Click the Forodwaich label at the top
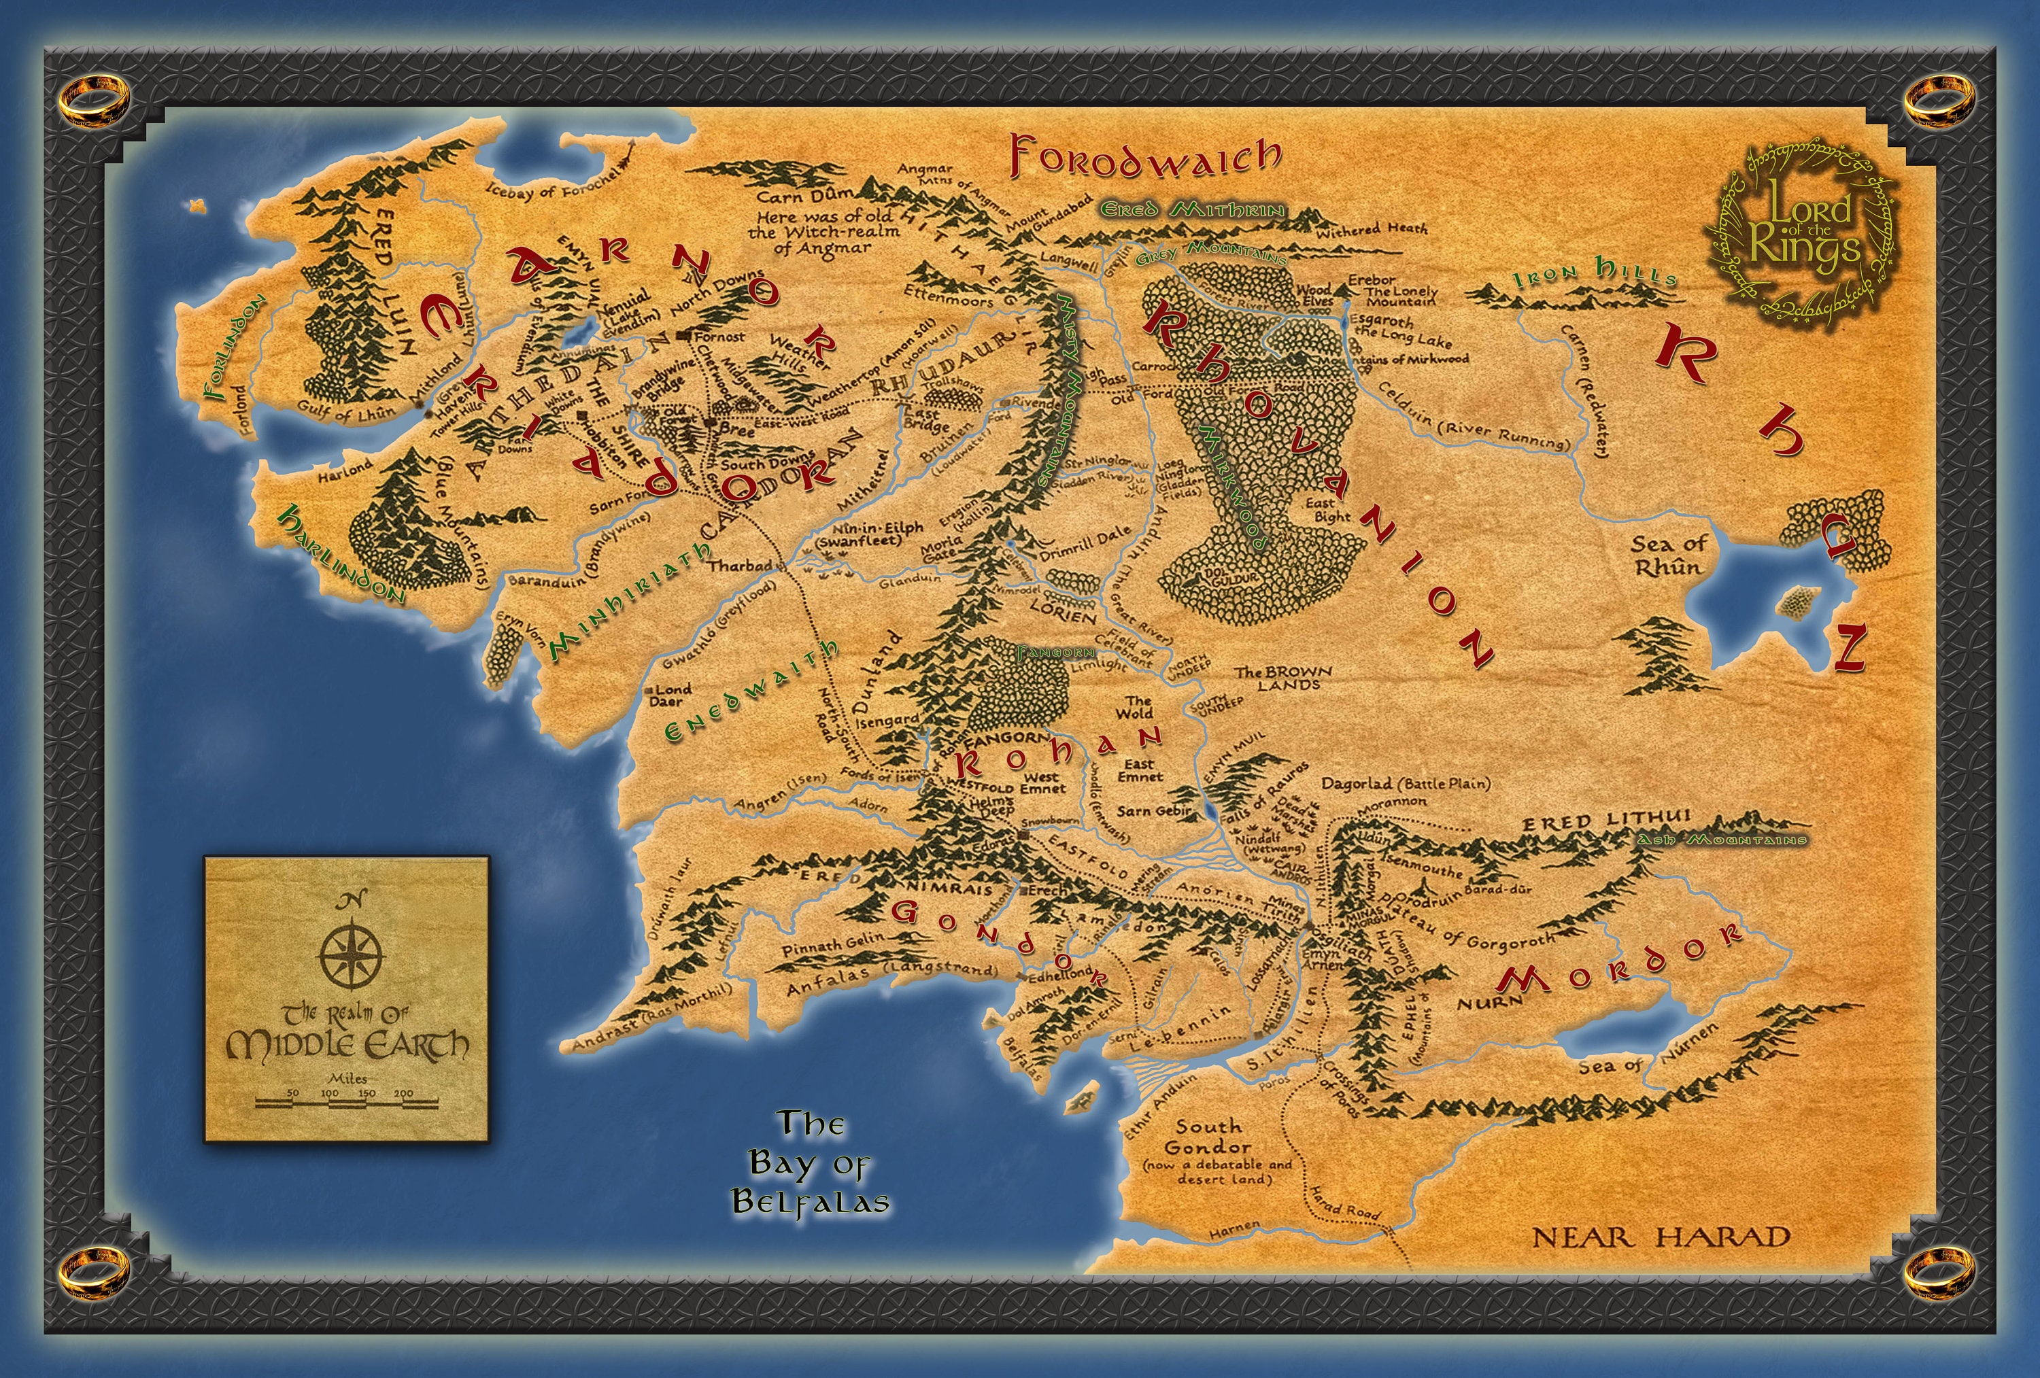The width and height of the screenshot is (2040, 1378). click(x=1146, y=157)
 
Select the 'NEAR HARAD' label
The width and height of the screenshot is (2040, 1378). click(x=1661, y=1237)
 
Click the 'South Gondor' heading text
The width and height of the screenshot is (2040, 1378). click(x=1208, y=1136)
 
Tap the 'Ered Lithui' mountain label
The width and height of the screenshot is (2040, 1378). click(x=1605, y=821)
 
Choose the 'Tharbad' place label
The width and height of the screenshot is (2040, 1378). click(x=739, y=565)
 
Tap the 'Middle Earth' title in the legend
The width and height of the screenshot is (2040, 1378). click(x=347, y=1044)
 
